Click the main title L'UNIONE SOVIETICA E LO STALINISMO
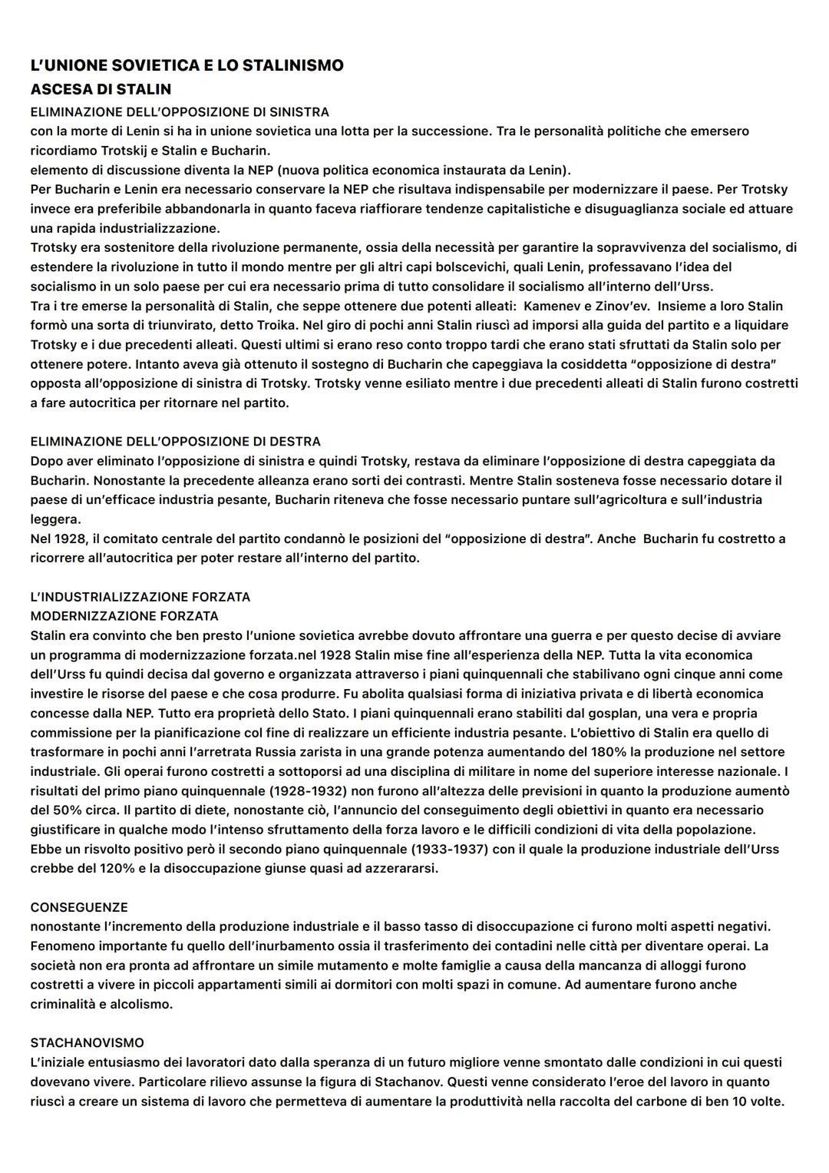187,66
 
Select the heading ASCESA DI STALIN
101,89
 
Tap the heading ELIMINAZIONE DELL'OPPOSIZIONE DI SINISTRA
179,112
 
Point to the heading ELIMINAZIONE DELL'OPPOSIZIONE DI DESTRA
175,442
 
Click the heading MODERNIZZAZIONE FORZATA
124,616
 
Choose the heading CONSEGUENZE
79,907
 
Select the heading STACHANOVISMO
87,1043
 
